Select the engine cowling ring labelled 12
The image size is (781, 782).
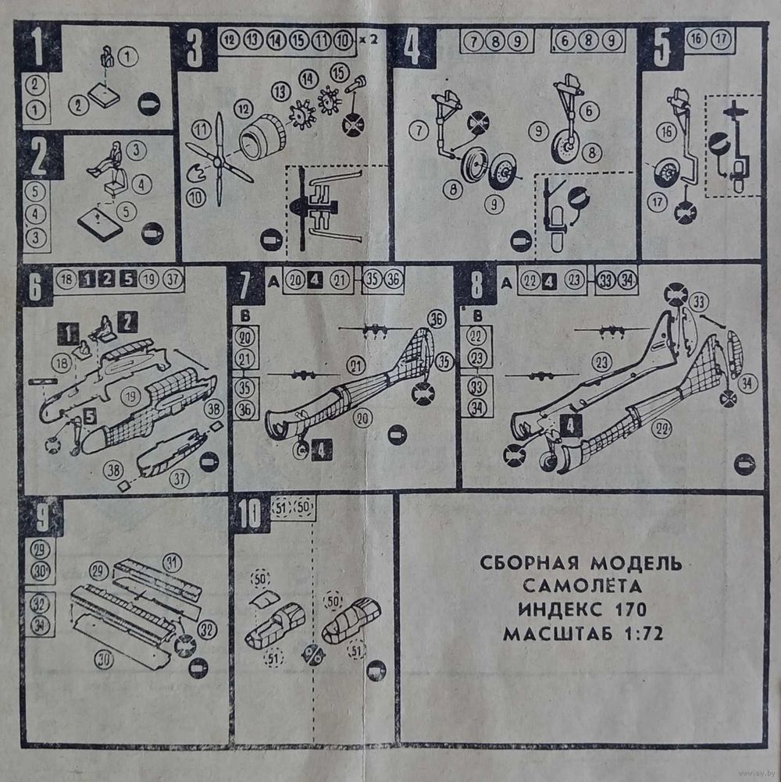[262, 137]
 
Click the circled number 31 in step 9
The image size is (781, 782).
[172, 560]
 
